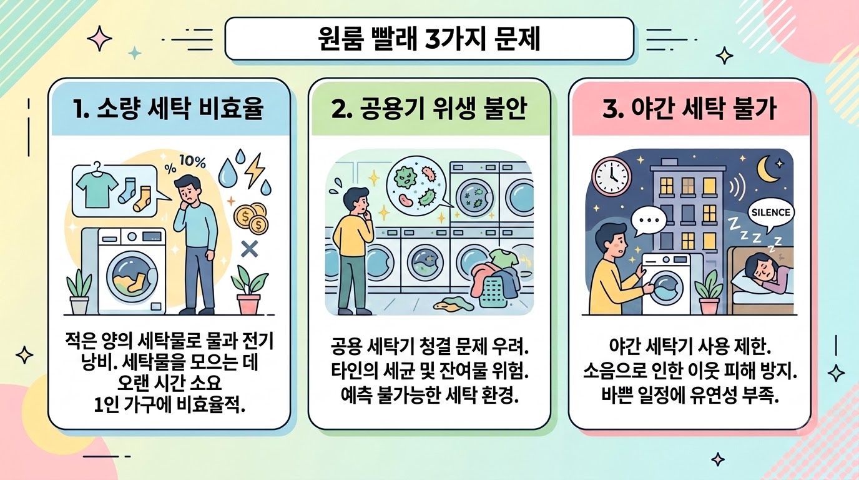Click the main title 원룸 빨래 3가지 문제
pyautogui.click(x=429, y=39)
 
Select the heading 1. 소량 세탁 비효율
pyautogui.click(x=169, y=108)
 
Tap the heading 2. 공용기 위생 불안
pyautogui.click(x=429, y=108)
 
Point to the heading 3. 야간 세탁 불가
pyautogui.click(x=689, y=108)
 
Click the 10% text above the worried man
pyautogui.click(x=192, y=162)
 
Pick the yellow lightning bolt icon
pyautogui.click(x=255, y=170)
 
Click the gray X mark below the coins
pyautogui.click(x=249, y=249)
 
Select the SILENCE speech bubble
pyautogui.click(x=771, y=214)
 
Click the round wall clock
pyautogui.click(x=611, y=176)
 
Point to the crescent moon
pyautogui.click(x=768, y=169)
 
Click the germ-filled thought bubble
pyautogui.click(x=417, y=186)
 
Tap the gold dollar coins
pyautogui.click(x=251, y=218)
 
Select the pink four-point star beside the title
pyautogui.click(x=99, y=38)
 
